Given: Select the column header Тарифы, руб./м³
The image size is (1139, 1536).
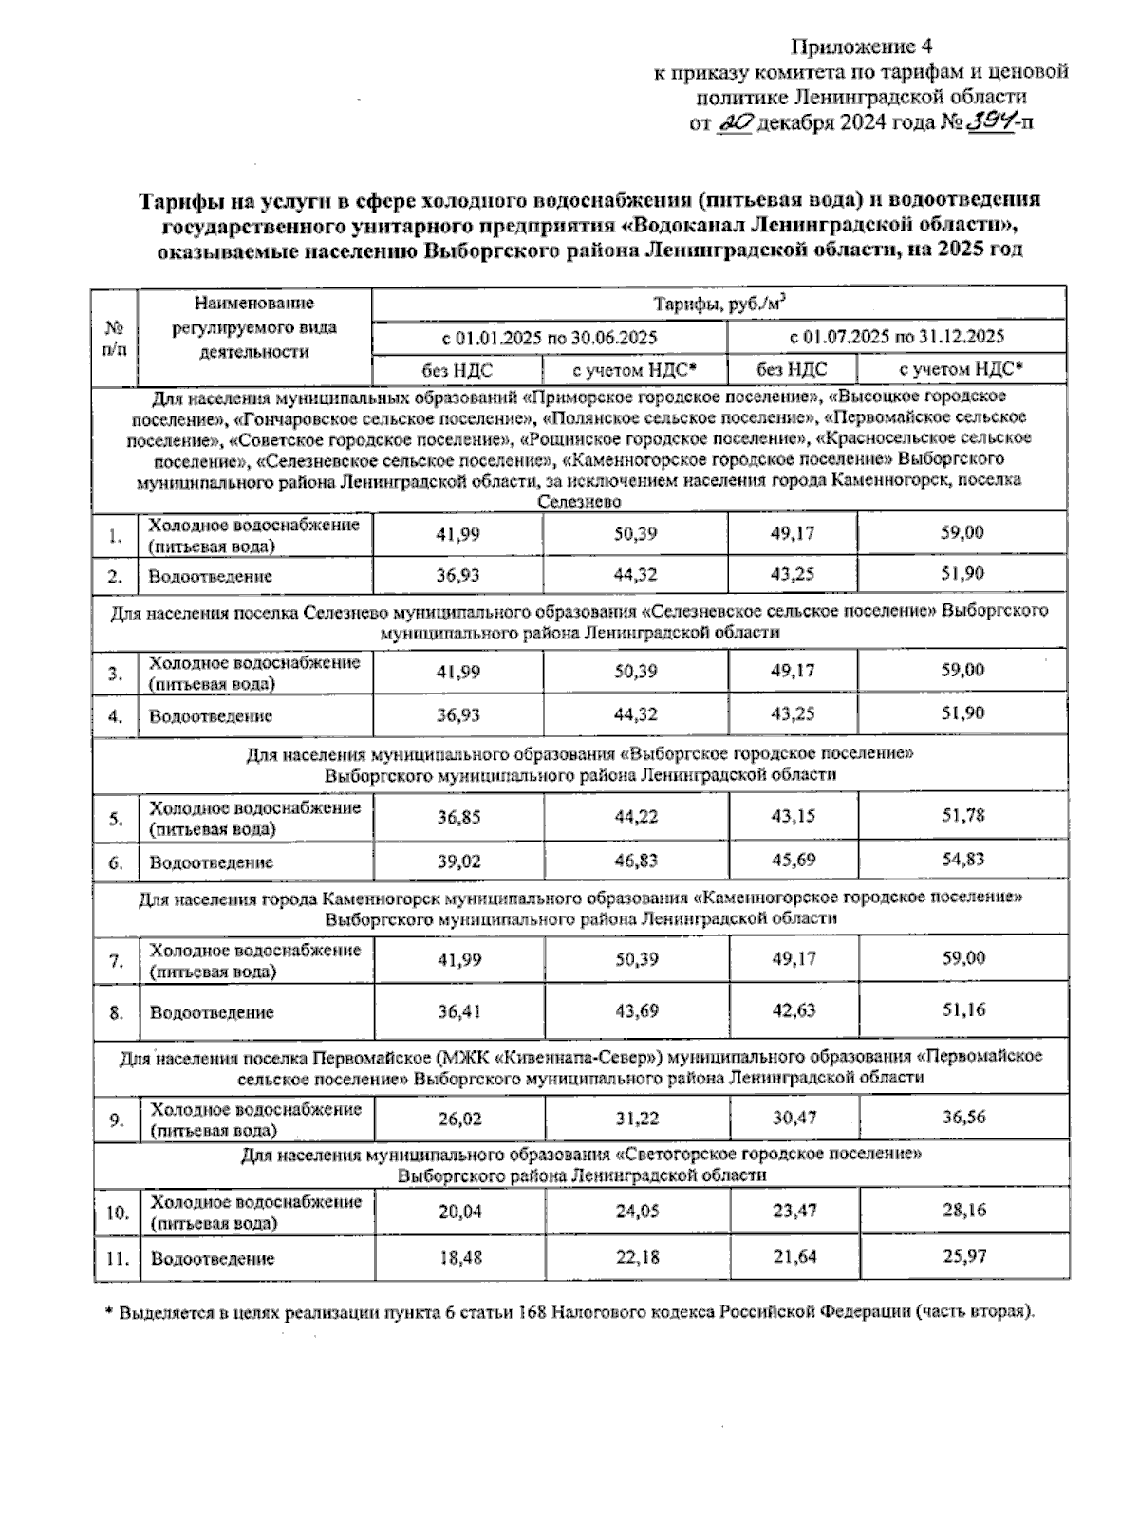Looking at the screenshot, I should point(719,305).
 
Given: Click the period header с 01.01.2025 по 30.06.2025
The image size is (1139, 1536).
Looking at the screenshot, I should point(550,337).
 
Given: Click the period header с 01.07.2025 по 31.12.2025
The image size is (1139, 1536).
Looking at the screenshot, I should point(896,337).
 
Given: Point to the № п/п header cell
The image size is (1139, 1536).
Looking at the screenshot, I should point(115,338).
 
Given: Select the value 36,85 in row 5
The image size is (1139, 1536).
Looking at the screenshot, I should point(458,817).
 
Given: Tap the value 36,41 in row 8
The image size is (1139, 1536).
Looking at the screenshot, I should point(458,1011).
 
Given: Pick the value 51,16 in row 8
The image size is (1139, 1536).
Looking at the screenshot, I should point(963,1009).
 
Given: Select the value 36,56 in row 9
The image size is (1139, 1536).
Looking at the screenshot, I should point(963,1117).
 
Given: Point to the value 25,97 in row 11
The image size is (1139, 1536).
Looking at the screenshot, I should point(963,1256).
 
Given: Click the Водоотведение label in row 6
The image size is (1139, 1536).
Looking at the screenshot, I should point(211,862).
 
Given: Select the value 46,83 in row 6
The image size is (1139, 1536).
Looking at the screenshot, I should point(636,861).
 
